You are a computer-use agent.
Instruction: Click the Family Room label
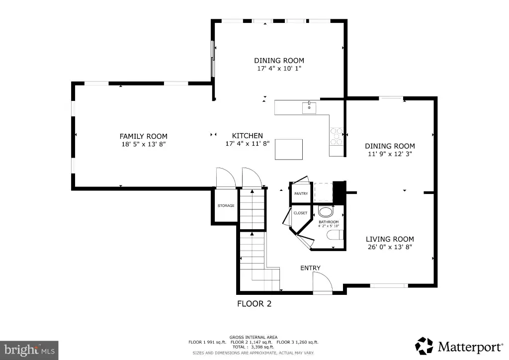[144, 136]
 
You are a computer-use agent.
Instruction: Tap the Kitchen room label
[248, 136]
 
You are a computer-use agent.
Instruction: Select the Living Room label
[390, 239]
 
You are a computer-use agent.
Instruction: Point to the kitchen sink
[309, 107]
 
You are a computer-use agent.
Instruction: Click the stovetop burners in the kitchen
[337, 136]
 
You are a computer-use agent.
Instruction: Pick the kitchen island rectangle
[289, 149]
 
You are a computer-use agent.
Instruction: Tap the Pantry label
[301, 193]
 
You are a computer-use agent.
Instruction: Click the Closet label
[300, 213]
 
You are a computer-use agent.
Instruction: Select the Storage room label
[226, 205]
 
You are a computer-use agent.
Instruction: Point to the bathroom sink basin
[326, 212]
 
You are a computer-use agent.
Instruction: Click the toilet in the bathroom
[335, 235]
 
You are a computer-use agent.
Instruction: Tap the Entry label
[310, 268]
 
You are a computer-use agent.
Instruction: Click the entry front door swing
[322, 282]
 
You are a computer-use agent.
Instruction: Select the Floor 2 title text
[254, 304]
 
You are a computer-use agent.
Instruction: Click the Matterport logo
[459, 347]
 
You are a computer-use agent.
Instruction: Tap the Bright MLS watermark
[29, 350]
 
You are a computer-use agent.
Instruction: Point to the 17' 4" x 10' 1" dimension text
[279, 69]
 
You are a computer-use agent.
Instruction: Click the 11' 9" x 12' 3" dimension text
[390, 154]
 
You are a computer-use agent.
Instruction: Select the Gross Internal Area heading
[254, 337]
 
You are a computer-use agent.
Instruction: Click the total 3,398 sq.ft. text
[253, 347]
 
